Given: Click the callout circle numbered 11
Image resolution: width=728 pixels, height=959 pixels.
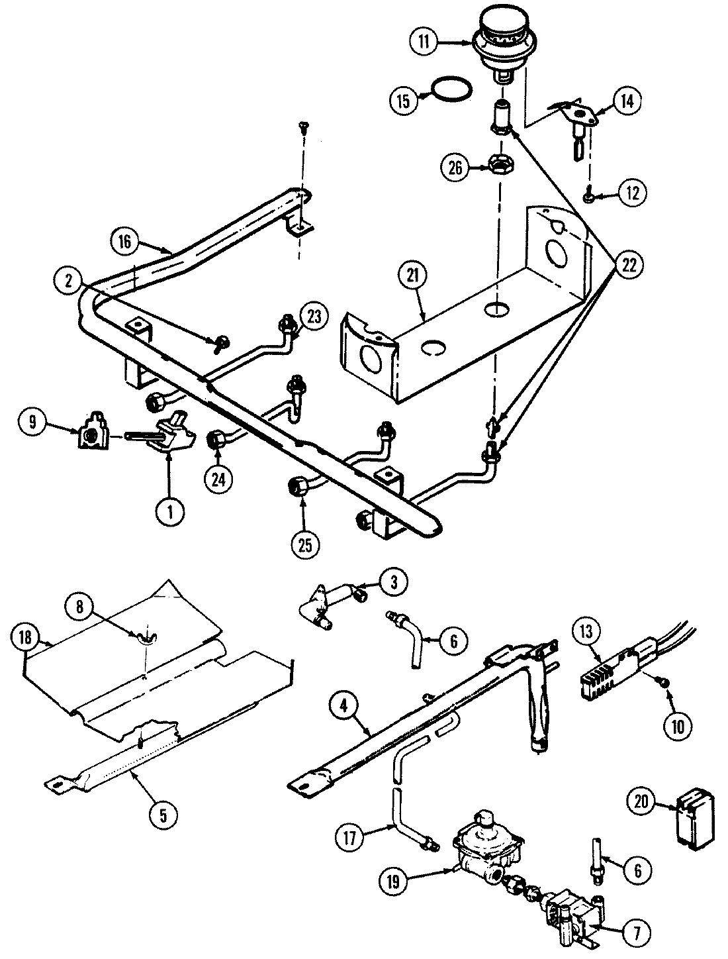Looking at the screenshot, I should [x=424, y=42].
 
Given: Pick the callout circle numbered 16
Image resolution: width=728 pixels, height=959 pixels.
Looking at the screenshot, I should [x=125, y=243].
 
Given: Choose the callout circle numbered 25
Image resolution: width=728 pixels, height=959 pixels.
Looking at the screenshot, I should [x=304, y=547].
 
